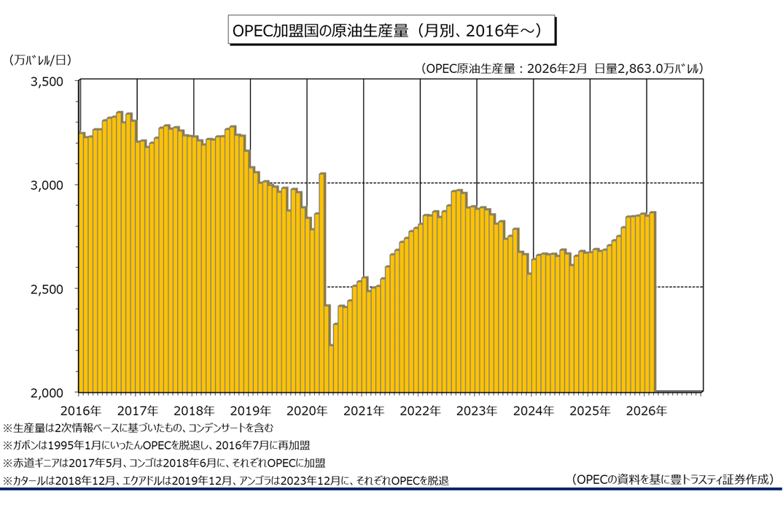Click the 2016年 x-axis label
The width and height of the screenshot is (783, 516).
80,410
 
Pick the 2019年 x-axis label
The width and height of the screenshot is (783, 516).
250,410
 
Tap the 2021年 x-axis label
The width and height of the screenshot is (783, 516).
363,410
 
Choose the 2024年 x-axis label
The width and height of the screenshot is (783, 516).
533,410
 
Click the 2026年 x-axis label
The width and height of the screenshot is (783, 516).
646,410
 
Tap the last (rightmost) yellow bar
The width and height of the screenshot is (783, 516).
653,301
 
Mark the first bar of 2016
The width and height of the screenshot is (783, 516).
82,263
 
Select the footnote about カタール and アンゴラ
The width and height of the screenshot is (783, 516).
226,480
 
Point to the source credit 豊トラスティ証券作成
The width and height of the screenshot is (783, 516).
672,480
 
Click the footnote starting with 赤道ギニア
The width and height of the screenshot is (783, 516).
164,463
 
